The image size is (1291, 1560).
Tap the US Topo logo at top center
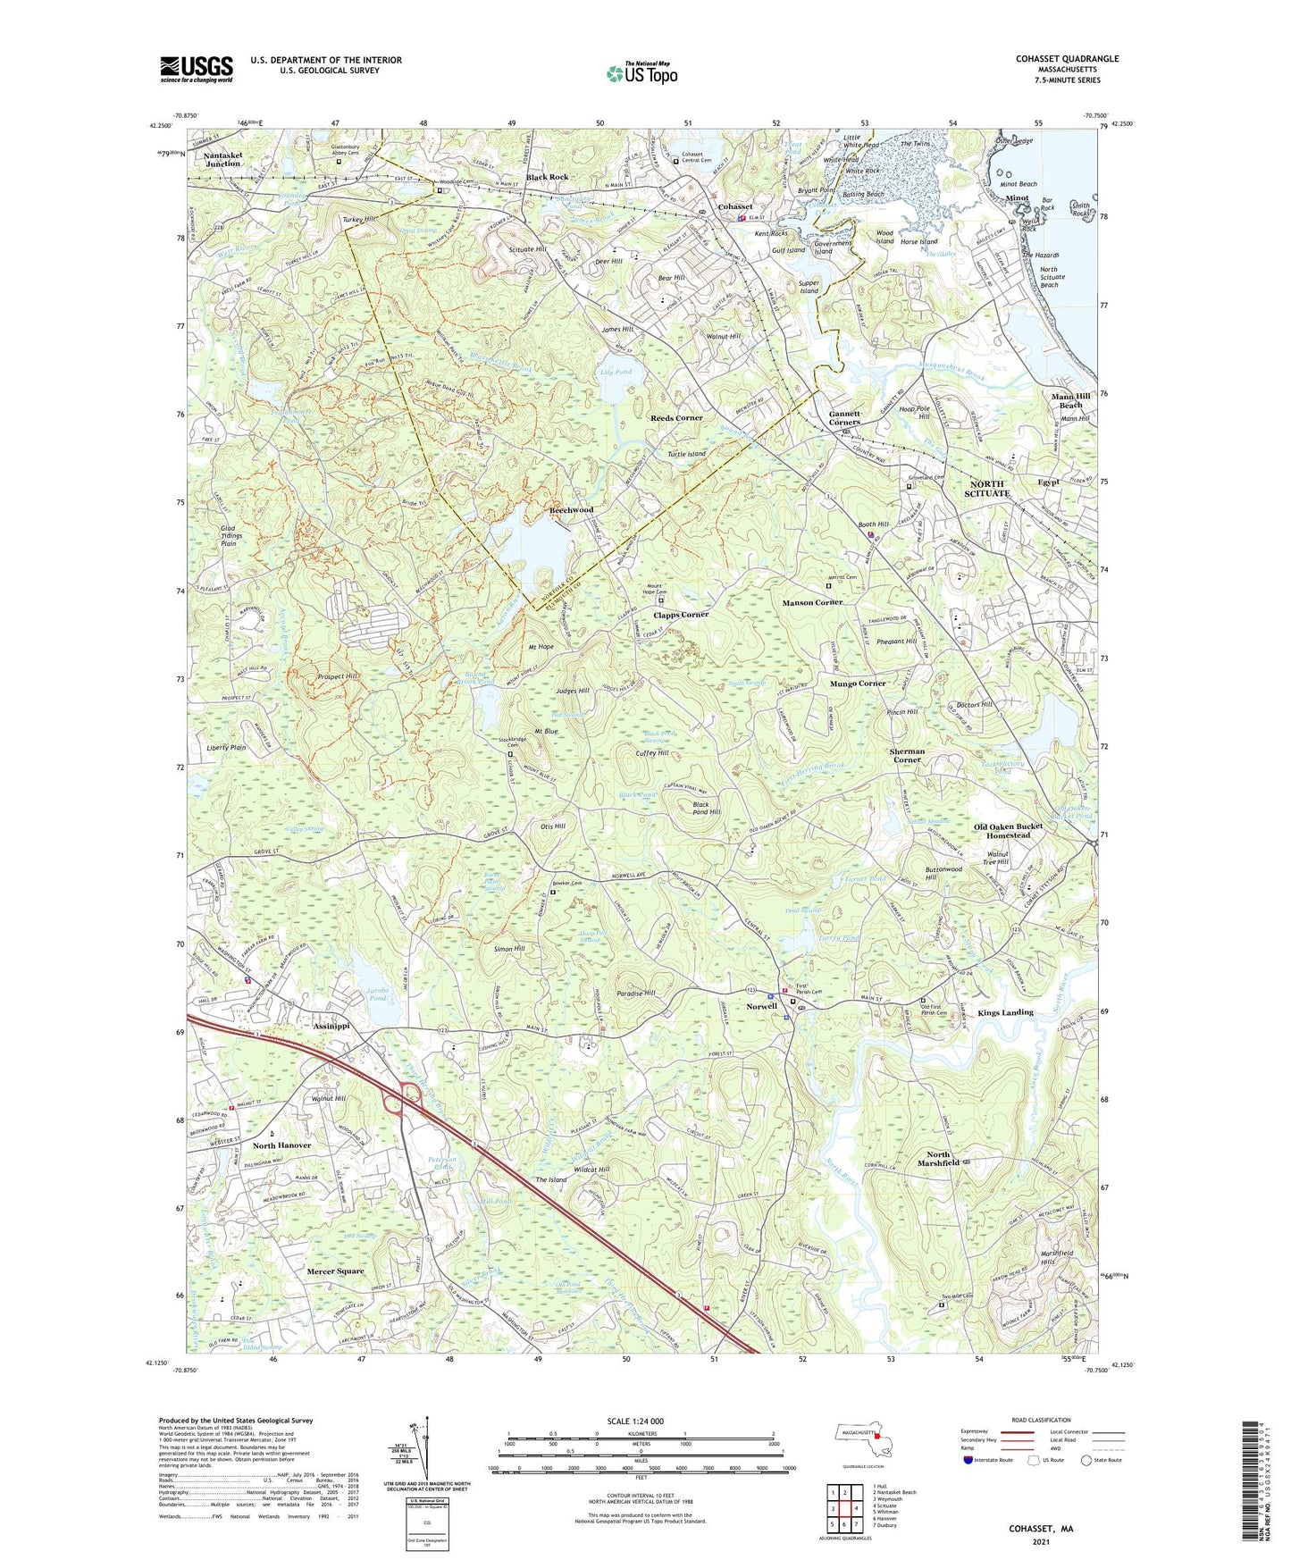pyautogui.click(x=641, y=72)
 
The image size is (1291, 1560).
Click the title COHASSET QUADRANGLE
pyautogui.click(x=1067, y=59)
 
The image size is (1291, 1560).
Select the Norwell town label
pyautogui.click(x=762, y=1005)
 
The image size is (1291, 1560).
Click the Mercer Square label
pyautogui.click(x=335, y=1271)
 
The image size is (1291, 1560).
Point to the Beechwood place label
pyautogui.click(x=571, y=509)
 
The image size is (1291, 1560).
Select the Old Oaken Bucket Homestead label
pyautogui.click(x=1008, y=831)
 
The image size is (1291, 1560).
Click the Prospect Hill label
pyautogui.click(x=337, y=677)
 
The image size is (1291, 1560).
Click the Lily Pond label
pyautogui.click(x=617, y=372)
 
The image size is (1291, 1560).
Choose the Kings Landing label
pyautogui.click(x=1005, y=1012)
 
